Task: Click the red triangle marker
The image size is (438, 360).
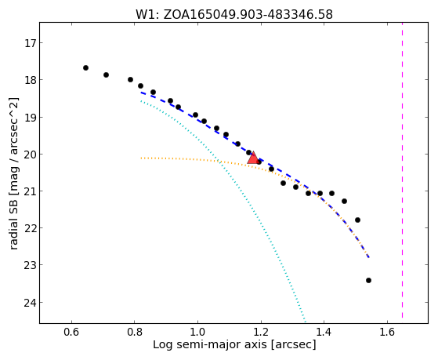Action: (253, 158)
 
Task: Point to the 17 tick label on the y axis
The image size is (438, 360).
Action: (30, 43)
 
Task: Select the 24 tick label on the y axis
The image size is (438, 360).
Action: (30, 303)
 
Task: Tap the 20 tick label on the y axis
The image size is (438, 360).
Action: (30, 155)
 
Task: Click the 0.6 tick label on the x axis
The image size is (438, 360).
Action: (72, 332)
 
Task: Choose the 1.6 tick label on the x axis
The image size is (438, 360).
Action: (387, 332)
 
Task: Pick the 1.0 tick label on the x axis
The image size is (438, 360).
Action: (197, 332)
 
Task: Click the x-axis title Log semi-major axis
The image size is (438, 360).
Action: (210, 344)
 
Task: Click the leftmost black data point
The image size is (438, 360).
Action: (85, 67)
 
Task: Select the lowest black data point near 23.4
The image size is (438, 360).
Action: (368, 280)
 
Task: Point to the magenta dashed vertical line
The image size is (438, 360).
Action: (402, 170)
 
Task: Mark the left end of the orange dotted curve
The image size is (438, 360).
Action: (141, 158)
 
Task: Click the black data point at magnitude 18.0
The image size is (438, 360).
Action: (130, 79)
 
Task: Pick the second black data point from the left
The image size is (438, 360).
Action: (106, 75)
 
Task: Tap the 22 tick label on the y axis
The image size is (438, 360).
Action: (30, 228)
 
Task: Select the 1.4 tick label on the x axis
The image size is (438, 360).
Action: (324, 332)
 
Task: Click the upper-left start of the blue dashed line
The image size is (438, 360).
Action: (141, 93)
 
